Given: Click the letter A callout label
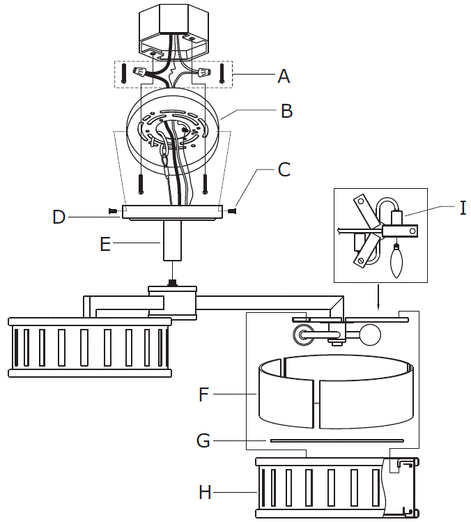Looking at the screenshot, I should (x=283, y=76).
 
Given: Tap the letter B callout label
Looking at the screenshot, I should (x=286, y=111).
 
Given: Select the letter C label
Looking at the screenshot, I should (x=284, y=169).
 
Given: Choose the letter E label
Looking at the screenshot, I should (x=105, y=243).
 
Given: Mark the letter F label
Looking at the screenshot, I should (x=203, y=394).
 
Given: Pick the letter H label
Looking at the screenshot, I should (x=204, y=492).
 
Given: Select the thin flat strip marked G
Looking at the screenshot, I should (x=337, y=440).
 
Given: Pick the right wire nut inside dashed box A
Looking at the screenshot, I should (x=204, y=72).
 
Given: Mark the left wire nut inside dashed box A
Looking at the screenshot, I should (x=143, y=72).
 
